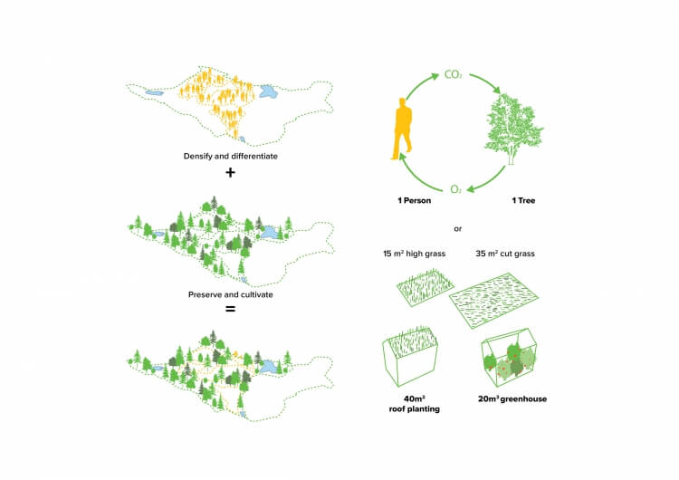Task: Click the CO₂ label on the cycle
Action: tap(454, 73)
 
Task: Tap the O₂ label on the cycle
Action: tap(455, 189)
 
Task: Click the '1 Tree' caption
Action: tap(520, 200)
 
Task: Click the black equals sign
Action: tap(230, 309)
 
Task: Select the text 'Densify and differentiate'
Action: tap(230, 157)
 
